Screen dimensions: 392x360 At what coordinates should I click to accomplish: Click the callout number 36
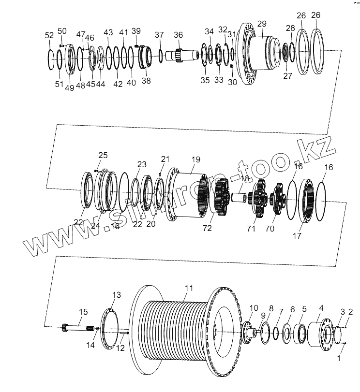[x=179, y=35]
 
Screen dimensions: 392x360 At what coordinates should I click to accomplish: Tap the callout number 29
[x=261, y=24]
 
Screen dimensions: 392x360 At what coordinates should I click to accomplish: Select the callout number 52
[x=49, y=35]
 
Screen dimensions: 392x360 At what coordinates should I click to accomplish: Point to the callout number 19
[x=195, y=159]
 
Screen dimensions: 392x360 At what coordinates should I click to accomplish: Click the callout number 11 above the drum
[x=189, y=288]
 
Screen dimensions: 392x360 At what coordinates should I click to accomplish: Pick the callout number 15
[x=83, y=312]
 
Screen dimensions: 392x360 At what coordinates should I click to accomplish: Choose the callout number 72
[x=208, y=228]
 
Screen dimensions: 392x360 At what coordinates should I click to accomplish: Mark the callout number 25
[x=103, y=155]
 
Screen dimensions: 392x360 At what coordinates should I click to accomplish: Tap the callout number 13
[x=117, y=295]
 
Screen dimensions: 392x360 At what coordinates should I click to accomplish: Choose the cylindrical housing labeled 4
[x=320, y=334]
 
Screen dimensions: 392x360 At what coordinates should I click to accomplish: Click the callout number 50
[x=62, y=31]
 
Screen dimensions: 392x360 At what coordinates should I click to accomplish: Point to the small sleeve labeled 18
[x=238, y=197]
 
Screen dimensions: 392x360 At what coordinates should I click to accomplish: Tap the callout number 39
[x=136, y=31]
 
